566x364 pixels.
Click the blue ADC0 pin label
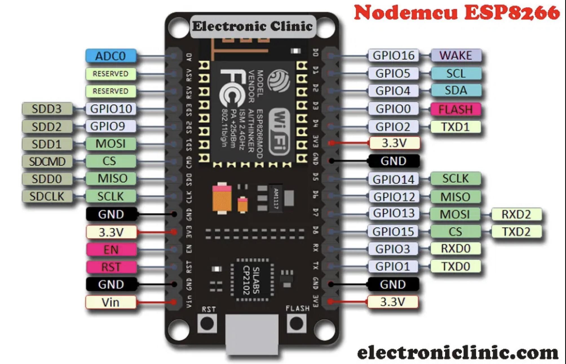click(x=111, y=56)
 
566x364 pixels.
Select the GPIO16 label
click(x=393, y=56)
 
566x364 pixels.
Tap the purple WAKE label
click(x=456, y=55)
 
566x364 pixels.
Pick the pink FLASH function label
click(x=455, y=109)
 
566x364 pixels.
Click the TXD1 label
click(x=455, y=127)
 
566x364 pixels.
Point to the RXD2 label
click(x=516, y=214)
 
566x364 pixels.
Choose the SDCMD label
click(x=47, y=161)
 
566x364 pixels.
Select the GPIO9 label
click(x=107, y=126)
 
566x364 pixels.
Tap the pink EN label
click(x=111, y=250)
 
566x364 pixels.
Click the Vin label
click(x=110, y=302)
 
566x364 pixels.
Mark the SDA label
click(x=456, y=91)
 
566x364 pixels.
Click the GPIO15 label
click(x=393, y=232)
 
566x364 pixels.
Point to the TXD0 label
click(x=455, y=266)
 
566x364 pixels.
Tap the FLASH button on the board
click(x=296, y=323)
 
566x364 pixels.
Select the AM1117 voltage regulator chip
click(x=275, y=198)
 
